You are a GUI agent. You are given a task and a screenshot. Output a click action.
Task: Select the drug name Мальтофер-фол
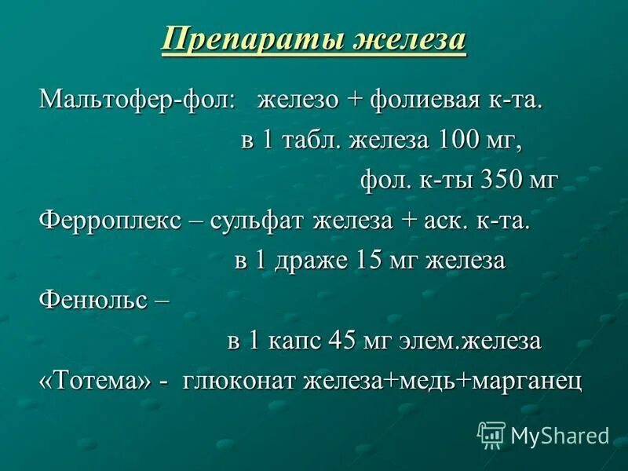coord(137,100)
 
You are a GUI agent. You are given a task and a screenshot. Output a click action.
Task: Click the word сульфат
coord(260,221)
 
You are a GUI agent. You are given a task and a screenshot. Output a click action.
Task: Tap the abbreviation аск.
coord(444,221)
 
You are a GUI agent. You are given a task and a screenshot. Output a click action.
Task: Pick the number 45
coord(341,341)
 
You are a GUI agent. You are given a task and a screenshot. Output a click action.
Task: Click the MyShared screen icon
coord(491,434)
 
